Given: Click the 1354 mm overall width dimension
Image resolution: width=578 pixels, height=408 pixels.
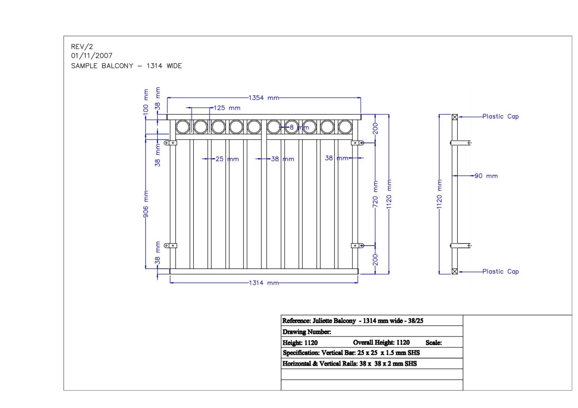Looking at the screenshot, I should point(264,98).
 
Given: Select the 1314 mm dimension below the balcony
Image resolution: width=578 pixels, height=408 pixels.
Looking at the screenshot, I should point(264,283).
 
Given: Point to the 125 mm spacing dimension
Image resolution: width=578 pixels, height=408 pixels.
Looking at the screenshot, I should point(227,108).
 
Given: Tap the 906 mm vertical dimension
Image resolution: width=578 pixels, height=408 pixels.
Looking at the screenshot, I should point(146,204).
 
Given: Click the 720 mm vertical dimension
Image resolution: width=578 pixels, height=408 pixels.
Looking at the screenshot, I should point(375,194).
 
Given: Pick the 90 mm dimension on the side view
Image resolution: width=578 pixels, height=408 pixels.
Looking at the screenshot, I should point(486,176).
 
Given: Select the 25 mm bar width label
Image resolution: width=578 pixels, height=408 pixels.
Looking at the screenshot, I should point(227,159).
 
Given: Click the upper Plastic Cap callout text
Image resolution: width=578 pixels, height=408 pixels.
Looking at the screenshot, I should point(501,116).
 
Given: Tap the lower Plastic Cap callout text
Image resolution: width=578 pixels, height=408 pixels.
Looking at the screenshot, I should point(501,271).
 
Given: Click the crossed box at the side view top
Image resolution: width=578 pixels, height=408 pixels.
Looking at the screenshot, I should point(455,117).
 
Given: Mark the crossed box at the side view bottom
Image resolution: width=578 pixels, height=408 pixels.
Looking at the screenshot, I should point(455,271).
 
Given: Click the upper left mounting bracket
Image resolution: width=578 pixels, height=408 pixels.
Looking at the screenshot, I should point(170,143).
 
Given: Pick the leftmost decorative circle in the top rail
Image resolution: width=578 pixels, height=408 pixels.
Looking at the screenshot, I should point(183,127).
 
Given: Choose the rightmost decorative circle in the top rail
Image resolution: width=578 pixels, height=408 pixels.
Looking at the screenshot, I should point(345,127).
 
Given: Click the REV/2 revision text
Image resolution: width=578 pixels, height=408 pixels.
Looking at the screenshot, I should point(82,47).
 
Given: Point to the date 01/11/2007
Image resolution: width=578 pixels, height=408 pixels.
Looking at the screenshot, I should point(92,56).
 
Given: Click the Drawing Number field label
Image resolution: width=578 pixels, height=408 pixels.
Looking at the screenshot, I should point(307,332).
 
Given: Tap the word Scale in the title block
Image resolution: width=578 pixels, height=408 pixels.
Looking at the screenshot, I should point(434,343).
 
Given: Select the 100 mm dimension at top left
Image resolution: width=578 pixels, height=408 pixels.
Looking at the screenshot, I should point(146,101).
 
